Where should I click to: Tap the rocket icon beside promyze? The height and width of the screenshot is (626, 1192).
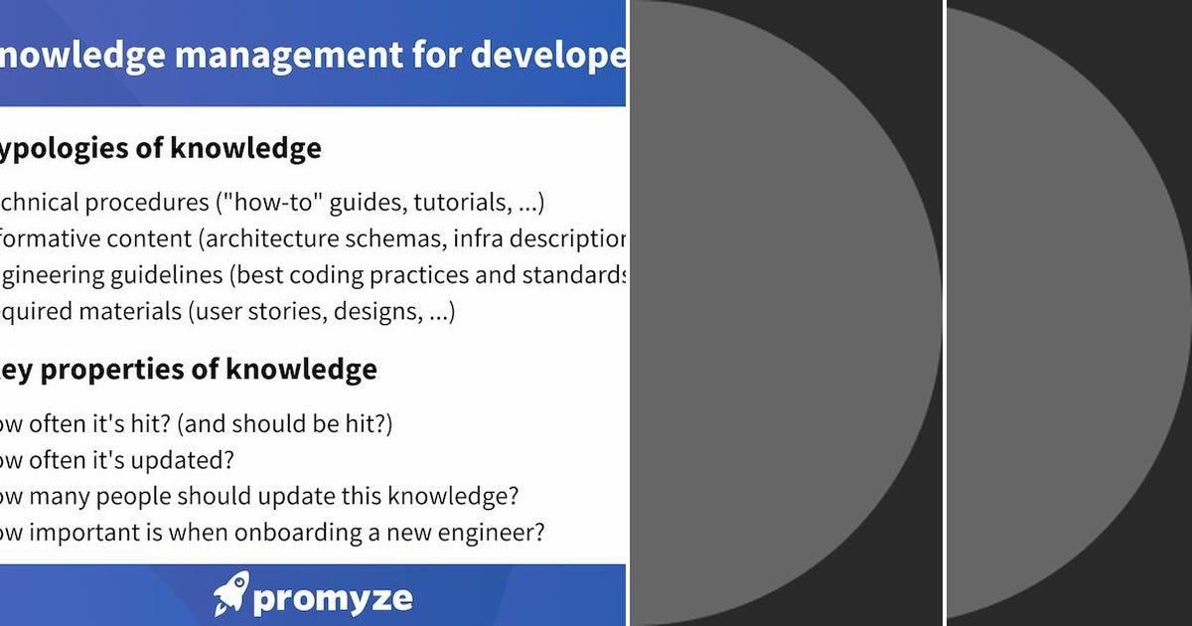click(x=230, y=593)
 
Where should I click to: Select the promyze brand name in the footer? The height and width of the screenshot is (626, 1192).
click(x=332, y=598)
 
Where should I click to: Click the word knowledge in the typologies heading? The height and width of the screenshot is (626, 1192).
click(x=245, y=149)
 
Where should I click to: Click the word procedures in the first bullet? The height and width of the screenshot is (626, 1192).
click(x=148, y=203)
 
